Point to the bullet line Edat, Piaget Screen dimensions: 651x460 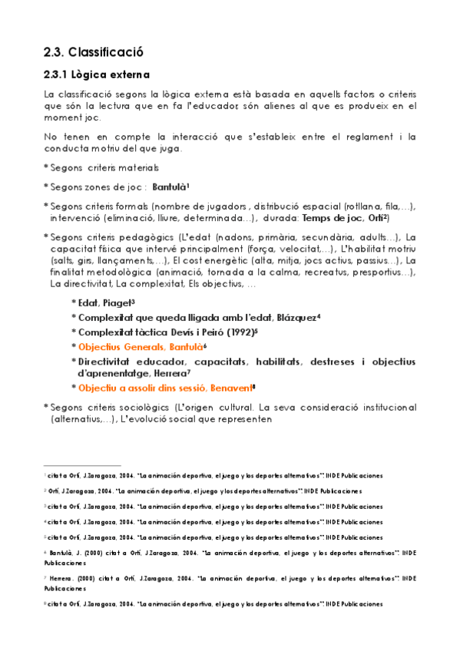(105, 303)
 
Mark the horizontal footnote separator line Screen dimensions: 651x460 (82, 465)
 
